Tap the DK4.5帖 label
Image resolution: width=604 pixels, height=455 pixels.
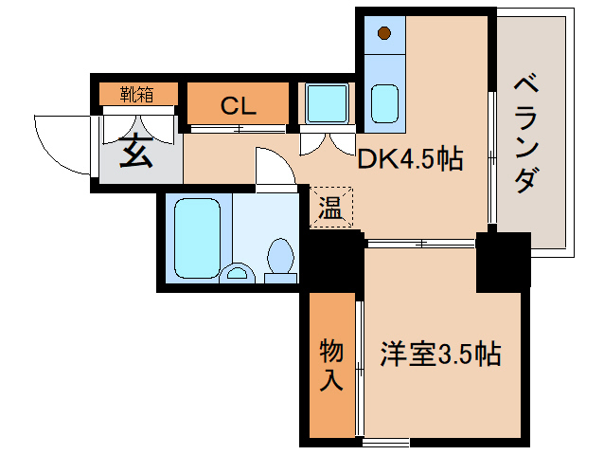409,158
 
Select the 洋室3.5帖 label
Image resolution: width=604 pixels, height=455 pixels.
440,355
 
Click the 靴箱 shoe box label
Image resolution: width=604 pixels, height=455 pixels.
137,93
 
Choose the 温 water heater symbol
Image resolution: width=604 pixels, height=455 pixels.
329,207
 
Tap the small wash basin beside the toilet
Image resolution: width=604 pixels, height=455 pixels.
237,274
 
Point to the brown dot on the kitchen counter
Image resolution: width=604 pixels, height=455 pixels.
383,34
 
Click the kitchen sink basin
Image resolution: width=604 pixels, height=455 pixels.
383,102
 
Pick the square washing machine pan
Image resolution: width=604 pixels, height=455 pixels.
325,103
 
